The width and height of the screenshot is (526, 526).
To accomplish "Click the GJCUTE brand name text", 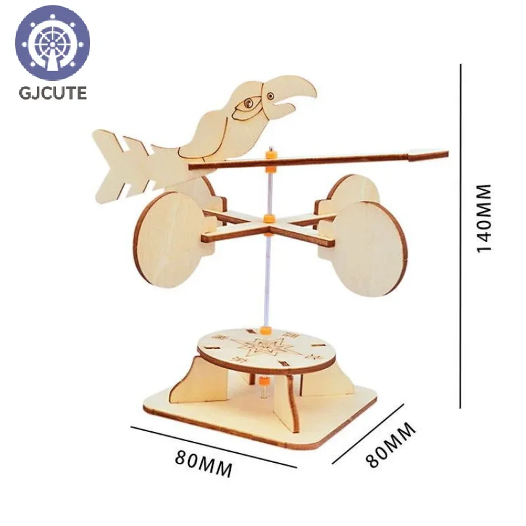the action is [53, 93].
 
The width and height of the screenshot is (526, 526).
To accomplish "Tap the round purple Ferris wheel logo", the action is [53, 43].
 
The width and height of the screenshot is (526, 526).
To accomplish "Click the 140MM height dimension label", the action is [484, 218].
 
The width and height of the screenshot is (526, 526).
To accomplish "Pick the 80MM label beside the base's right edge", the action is [391, 444].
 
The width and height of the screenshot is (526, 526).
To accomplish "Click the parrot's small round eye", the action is [270, 96].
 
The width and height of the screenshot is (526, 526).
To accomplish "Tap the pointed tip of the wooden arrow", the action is [448, 155].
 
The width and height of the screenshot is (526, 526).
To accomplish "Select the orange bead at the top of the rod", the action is [271, 156].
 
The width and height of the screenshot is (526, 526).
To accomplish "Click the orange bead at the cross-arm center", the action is [269, 219].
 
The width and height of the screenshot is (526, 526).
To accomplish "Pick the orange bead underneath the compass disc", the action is [264, 381].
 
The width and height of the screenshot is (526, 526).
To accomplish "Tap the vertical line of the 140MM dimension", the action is [461, 236].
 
